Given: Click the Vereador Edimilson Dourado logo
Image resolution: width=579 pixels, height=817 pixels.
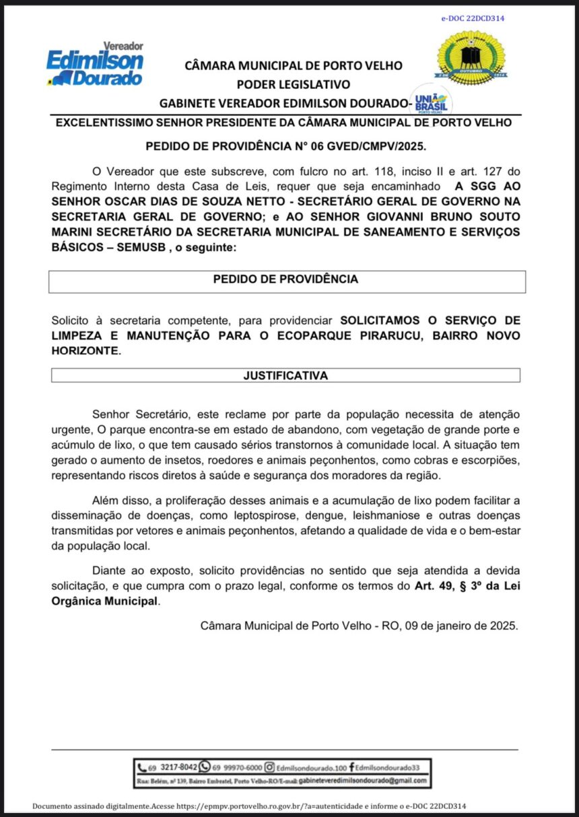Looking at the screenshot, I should point(95,65).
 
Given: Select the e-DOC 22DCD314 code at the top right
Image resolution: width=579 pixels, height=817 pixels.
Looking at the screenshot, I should point(473,18).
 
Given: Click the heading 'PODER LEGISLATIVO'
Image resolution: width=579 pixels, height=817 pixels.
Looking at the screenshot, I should point(293,85).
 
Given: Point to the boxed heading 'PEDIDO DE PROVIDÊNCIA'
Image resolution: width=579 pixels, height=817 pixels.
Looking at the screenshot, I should point(285,279).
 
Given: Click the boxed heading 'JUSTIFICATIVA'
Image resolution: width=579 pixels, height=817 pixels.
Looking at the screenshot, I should point(285,376).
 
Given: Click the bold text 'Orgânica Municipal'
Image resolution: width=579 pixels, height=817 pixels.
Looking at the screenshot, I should point(104,601).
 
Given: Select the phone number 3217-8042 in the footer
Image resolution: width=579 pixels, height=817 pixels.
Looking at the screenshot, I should point(178,767).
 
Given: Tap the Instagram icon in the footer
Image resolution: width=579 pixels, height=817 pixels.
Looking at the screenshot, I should point(269,767).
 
